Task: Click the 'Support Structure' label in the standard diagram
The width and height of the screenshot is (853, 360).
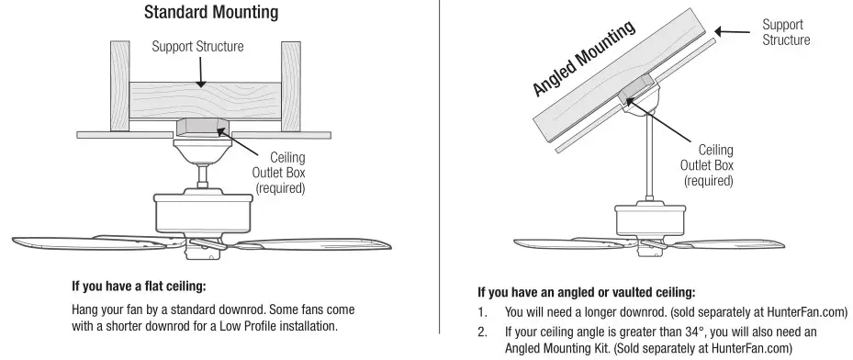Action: (x=198, y=47)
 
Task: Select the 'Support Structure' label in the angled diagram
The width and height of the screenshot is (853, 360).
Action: (x=786, y=31)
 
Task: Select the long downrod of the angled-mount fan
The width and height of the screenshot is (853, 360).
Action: (x=648, y=156)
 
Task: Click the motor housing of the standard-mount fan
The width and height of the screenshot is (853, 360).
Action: (x=201, y=213)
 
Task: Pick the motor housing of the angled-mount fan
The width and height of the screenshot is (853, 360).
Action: (x=649, y=221)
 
